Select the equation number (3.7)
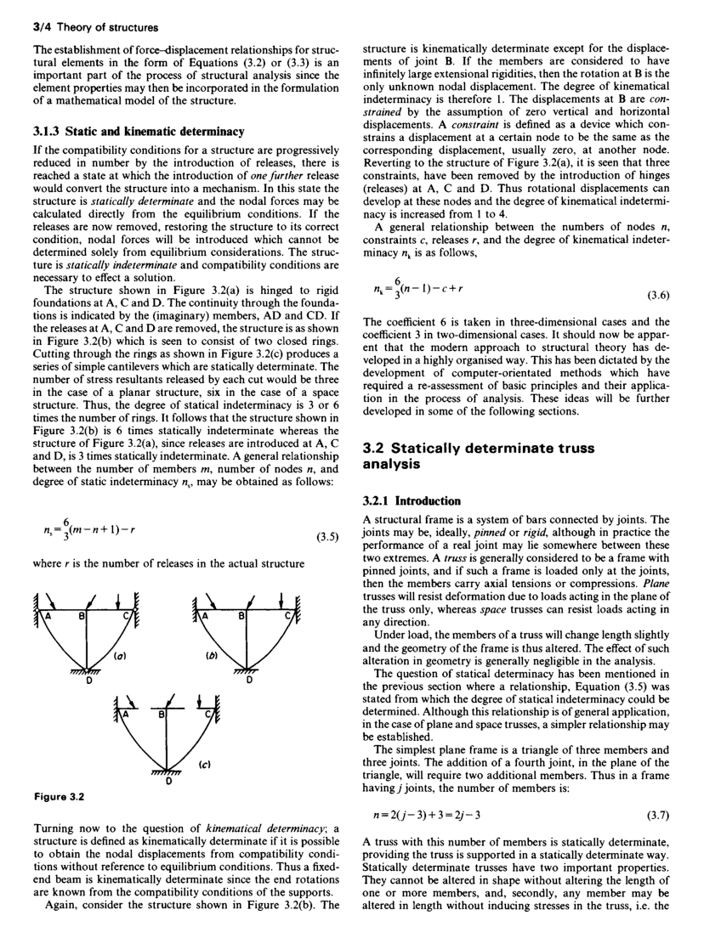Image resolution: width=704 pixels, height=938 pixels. tap(660, 816)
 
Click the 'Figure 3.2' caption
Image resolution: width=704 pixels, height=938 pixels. tap(54, 798)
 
